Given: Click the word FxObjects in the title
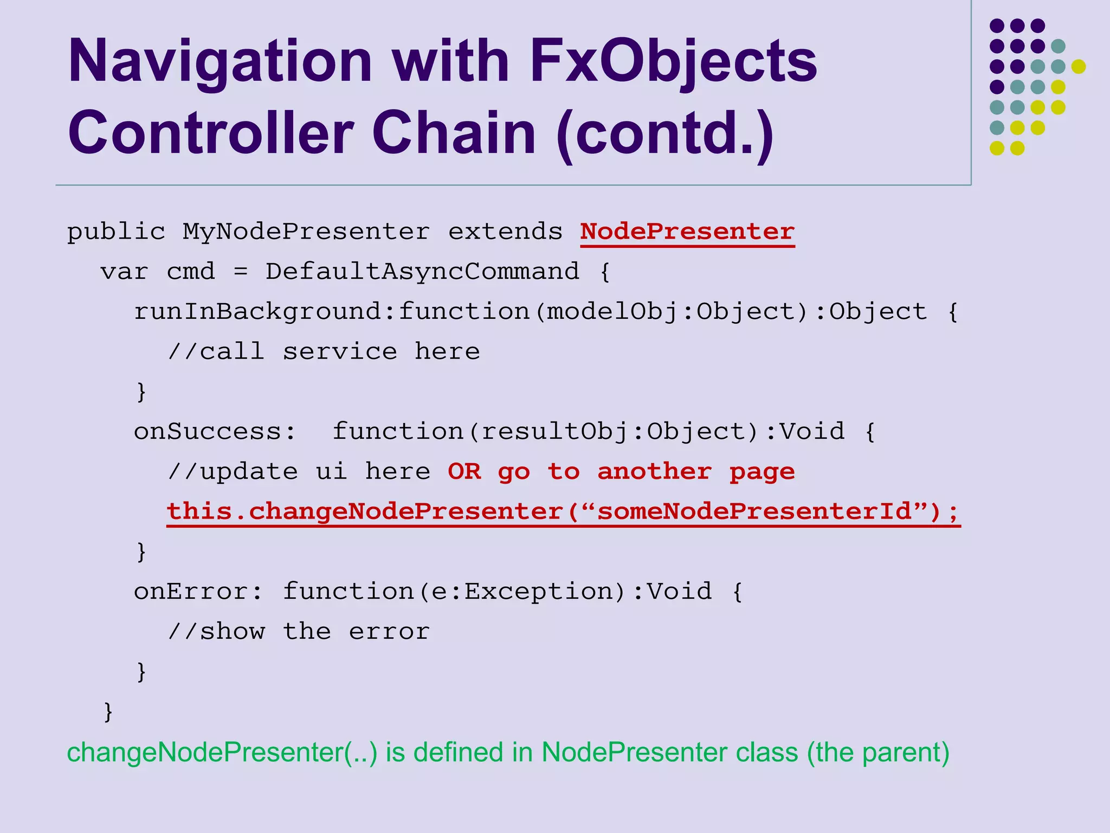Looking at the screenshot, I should (673, 61).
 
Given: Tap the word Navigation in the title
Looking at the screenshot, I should (220, 61).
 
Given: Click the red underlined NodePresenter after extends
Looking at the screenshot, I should (687, 232).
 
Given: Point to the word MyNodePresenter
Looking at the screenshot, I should (306, 232).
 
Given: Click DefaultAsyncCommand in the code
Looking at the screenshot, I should (422, 272).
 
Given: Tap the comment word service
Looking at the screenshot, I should (340, 352).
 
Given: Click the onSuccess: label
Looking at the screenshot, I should (215, 432).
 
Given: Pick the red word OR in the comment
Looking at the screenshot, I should (464, 472).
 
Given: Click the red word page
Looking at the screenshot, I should (761, 472).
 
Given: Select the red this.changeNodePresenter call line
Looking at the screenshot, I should (563, 512).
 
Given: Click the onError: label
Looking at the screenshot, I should (198, 592).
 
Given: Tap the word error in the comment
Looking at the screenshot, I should (389, 632).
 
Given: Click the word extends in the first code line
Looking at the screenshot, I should (505, 232).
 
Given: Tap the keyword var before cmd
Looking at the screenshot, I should (124, 272).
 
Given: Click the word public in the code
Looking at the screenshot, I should (116, 232).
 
